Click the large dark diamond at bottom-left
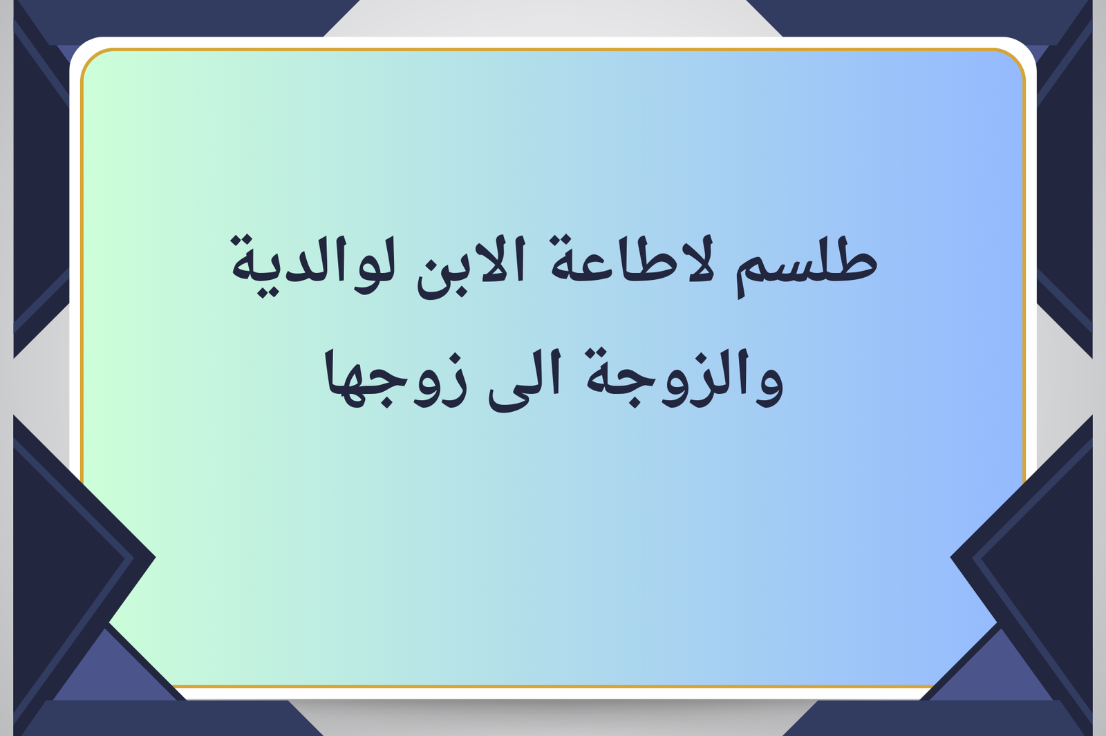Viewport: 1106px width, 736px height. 84,558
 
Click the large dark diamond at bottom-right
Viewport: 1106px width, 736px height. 1022,558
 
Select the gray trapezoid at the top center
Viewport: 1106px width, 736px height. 553,18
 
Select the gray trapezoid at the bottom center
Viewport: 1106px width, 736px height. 553,718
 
